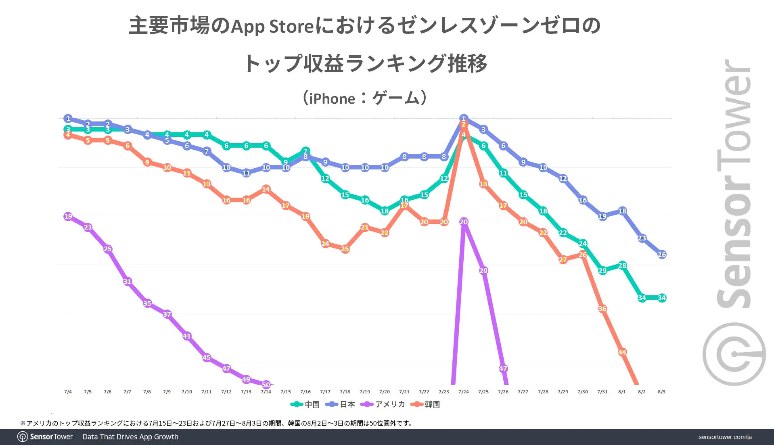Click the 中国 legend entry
[x=305, y=404]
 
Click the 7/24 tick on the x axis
[x=463, y=392]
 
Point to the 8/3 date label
[x=661, y=392]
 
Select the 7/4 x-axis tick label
[x=68, y=392]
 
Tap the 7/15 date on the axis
[x=285, y=392]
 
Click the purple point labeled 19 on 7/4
[x=68, y=216]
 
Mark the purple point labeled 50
[x=266, y=385]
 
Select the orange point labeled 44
[x=622, y=352]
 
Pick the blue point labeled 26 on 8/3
[x=661, y=255]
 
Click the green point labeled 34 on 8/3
[x=661, y=298]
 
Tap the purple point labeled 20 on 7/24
[x=463, y=222]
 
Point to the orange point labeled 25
[x=345, y=249]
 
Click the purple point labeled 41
[x=186, y=336]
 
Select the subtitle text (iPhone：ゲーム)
[x=365, y=98]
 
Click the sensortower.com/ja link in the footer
[x=725, y=437]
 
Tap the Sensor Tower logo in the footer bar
[x=45, y=437]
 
